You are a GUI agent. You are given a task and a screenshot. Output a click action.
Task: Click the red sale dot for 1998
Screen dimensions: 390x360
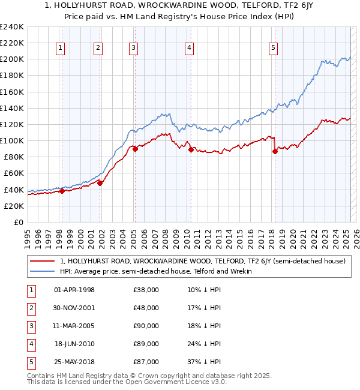pos(61,191)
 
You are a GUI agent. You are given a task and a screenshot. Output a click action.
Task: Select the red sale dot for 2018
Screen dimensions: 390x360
pos(275,152)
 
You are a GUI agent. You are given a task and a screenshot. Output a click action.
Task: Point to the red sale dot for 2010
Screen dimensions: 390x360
pos(191,150)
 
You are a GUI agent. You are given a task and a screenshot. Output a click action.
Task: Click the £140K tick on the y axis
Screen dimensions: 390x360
pos(12,108)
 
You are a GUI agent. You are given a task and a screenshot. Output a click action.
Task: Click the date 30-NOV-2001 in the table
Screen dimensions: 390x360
pos(74,308)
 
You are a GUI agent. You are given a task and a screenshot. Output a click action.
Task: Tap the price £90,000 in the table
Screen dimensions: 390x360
pos(146,326)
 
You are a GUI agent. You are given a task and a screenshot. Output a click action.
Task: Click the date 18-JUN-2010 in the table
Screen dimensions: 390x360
pos(74,344)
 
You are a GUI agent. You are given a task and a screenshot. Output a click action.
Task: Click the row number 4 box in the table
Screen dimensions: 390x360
pos(31,344)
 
